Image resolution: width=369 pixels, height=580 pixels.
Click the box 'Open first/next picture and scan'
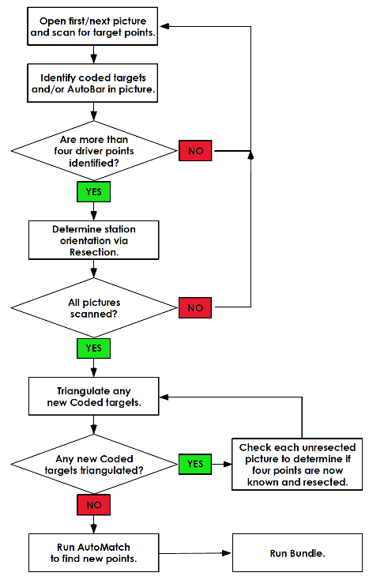pyautogui.click(x=92, y=26)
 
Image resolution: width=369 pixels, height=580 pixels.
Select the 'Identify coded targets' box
pyautogui.click(x=92, y=83)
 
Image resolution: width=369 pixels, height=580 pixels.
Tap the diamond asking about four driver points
pyautogui.click(x=94, y=151)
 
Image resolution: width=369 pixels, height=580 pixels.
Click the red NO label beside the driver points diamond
pyautogui.click(x=195, y=151)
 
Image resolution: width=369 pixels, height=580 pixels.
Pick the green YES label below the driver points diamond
pyautogui.click(x=93, y=191)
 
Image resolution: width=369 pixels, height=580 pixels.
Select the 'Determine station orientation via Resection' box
pyautogui.click(x=93, y=240)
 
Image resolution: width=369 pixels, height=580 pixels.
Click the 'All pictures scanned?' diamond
pyautogui.click(x=94, y=307)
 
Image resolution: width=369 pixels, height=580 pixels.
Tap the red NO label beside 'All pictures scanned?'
pyautogui.click(x=195, y=307)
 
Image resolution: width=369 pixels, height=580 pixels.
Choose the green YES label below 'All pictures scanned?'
pyautogui.click(x=93, y=348)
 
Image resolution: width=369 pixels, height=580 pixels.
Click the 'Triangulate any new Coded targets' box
pyautogui.click(x=93, y=396)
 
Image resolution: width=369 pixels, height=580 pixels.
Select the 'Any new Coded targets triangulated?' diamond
pyautogui.click(x=94, y=464)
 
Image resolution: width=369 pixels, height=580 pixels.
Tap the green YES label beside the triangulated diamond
pyautogui.click(x=195, y=464)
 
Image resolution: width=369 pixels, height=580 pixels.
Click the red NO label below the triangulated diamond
pyautogui.click(x=93, y=505)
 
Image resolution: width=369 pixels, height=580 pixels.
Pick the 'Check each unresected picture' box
pyautogui.click(x=297, y=464)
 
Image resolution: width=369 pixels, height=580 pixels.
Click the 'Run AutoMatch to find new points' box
pyautogui.click(x=93, y=552)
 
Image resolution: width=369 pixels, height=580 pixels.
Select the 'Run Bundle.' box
pyautogui.click(x=297, y=552)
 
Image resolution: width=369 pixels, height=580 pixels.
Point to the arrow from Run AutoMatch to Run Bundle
pyautogui.click(x=195, y=553)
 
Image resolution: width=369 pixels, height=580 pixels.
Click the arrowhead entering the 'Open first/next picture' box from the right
pyautogui.click(x=164, y=26)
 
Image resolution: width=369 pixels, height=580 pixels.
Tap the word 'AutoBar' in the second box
pyautogui.click(x=86, y=89)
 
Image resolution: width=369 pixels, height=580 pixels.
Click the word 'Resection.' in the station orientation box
pyautogui.click(x=94, y=252)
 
